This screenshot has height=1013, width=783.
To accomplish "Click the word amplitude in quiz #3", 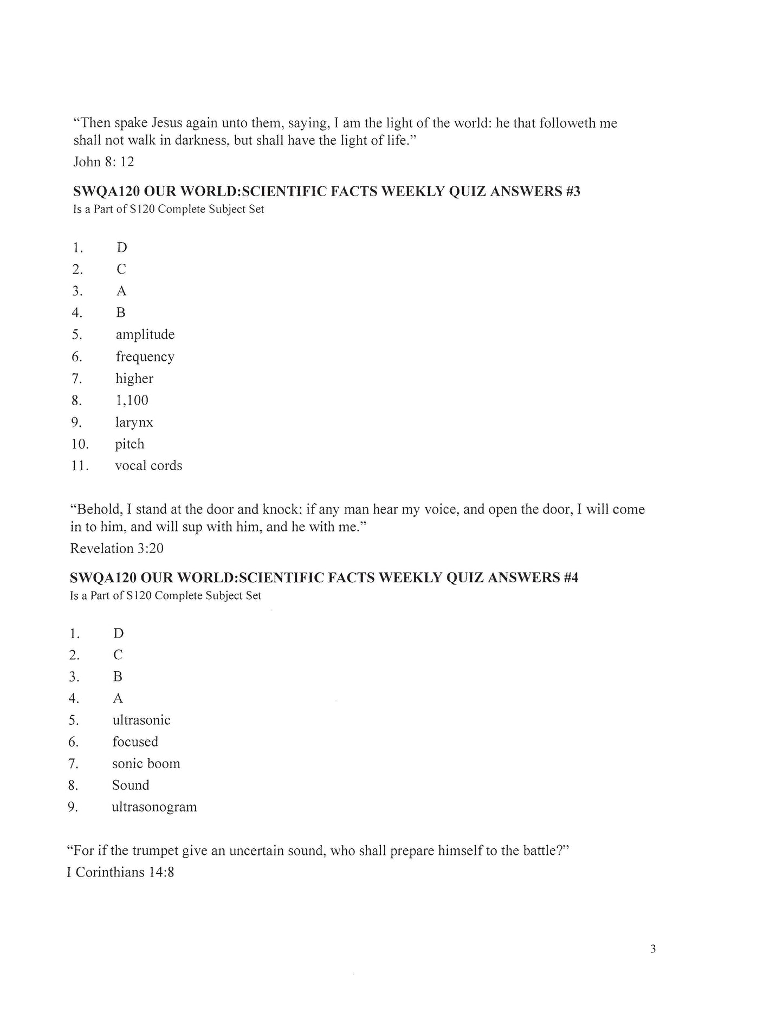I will (x=145, y=335).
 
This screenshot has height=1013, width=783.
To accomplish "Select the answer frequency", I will (x=145, y=357).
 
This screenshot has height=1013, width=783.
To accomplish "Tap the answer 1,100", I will (x=132, y=400).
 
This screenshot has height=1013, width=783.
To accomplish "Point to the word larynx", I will (x=134, y=423).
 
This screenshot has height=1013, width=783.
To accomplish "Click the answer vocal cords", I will (x=148, y=466).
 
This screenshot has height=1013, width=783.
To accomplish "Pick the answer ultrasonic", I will (x=141, y=720).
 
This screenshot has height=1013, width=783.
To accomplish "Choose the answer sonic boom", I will (x=146, y=764).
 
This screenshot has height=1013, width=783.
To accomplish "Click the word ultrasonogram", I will (x=154, y=807).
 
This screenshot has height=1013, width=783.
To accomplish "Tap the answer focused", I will (x=135, y=742).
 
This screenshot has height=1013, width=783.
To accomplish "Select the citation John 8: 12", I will (x=103, y=161).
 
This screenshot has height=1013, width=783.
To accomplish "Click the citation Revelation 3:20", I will (x=117, y=548).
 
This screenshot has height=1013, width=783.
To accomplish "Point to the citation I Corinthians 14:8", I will (x=120, y=872).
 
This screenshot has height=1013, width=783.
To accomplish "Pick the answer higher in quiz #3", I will (x=134, y=379).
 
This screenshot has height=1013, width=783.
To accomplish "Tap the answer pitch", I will (x=130, y=444).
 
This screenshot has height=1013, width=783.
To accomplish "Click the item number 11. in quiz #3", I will (x=80, y=466).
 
